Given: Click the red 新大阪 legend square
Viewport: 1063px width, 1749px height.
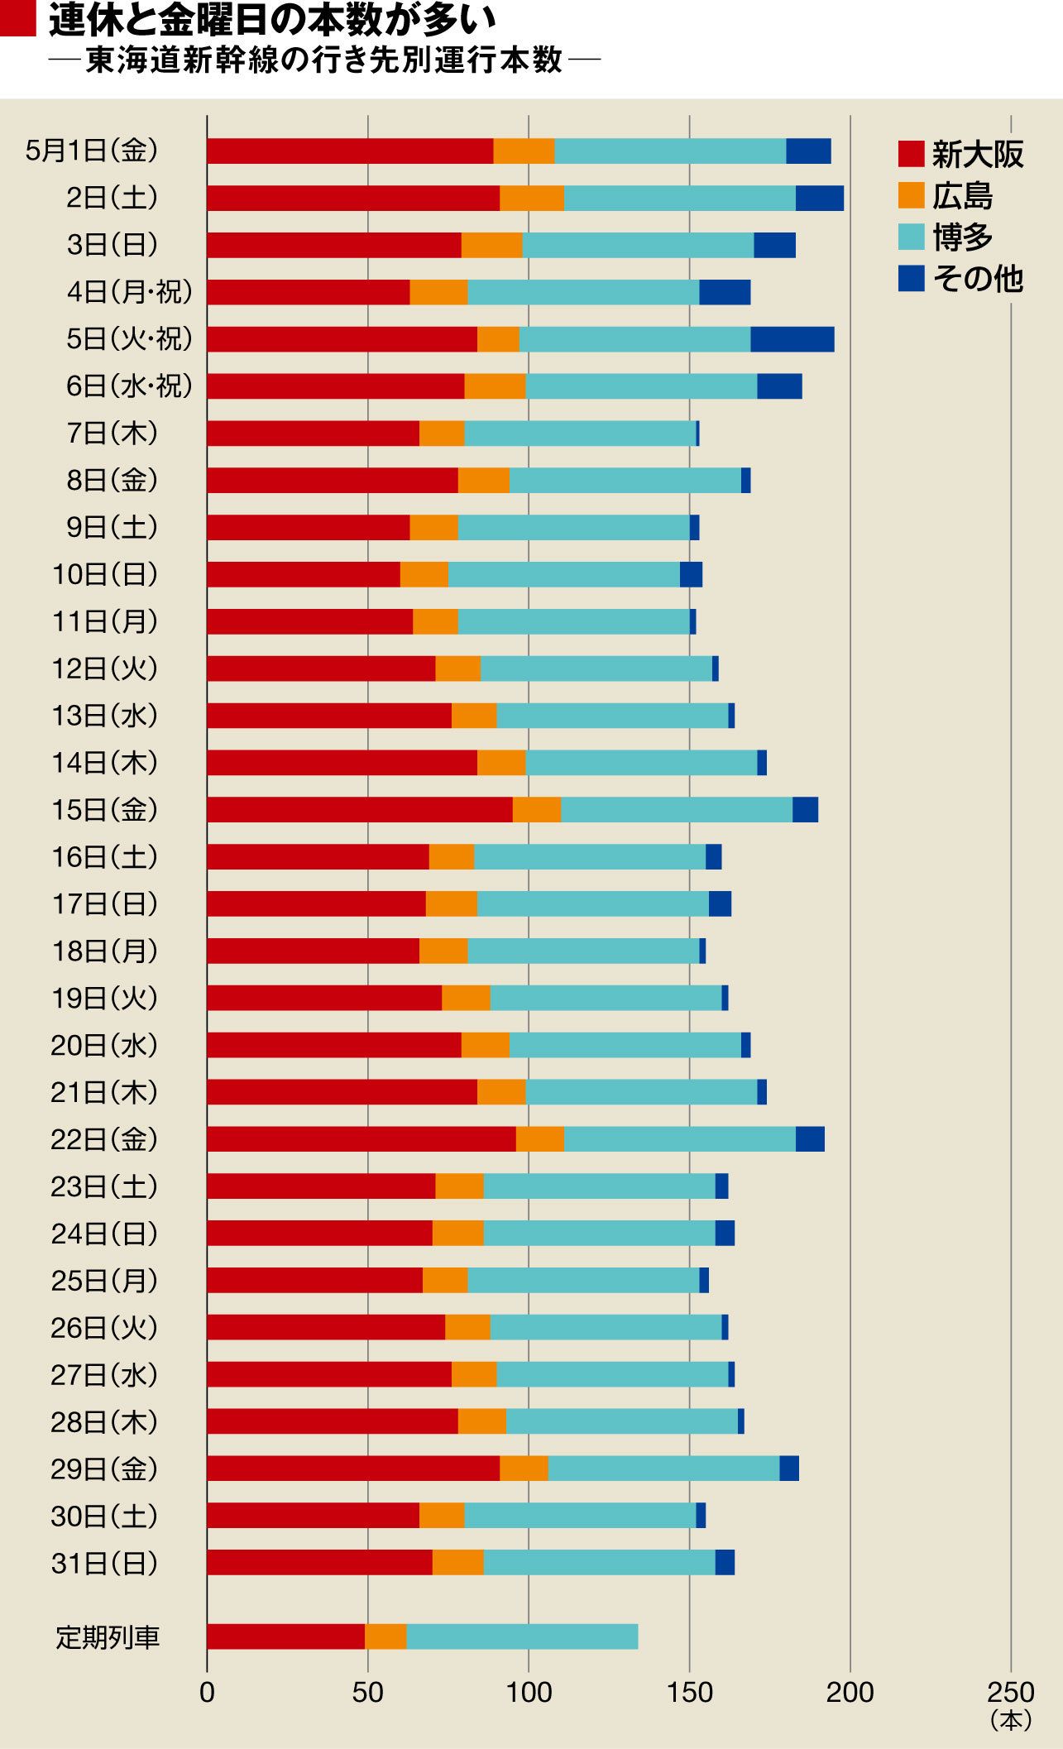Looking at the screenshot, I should pos(911,154).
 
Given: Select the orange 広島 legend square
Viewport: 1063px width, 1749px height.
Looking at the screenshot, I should pos(911,195).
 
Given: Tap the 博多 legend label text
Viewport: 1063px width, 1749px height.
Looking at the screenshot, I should pos(963,237).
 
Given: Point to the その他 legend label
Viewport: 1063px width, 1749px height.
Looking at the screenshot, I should pos(978,280).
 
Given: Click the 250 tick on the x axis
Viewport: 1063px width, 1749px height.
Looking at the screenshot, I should pos(1011,1692).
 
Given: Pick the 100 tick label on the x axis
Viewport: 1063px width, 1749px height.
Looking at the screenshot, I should pos(529,1692).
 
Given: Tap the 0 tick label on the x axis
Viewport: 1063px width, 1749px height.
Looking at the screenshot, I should pos(207,1692).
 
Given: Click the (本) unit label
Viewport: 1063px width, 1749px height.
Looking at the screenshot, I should pos(1011,1721).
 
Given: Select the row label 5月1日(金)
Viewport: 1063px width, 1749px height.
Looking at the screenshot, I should pos(91,151).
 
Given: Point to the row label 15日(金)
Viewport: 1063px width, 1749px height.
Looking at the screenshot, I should pos(104,810).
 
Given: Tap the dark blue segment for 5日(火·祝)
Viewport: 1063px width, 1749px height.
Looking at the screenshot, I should pos(792,339).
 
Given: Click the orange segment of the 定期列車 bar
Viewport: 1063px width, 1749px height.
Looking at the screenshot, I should pos(385,1636).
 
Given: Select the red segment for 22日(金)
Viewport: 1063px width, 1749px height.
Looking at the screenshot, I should pos(361,1139).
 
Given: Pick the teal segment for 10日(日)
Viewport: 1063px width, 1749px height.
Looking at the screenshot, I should pos(563,574).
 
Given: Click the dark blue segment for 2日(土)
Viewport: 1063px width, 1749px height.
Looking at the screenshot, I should pos(819,199).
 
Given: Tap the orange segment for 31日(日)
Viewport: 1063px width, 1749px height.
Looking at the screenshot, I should pos(457,1563).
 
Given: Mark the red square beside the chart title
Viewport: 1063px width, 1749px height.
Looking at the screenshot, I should pos(17,19).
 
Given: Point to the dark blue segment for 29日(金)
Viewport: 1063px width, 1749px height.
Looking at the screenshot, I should pos(788,1469).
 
